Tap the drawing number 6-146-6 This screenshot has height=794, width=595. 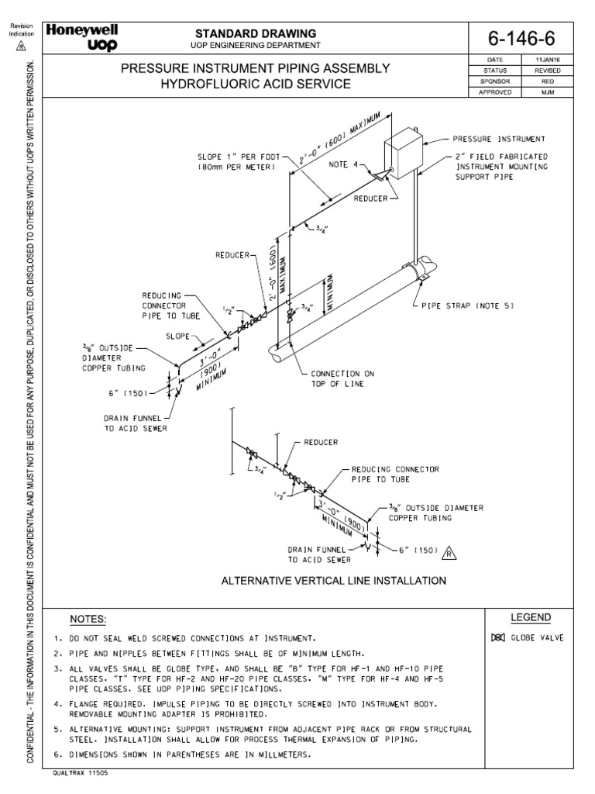(522, 39)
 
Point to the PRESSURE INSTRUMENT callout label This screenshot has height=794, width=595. (500, 140)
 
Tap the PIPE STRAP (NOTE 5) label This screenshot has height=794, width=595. (468, 306)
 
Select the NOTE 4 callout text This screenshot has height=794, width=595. (344, 164)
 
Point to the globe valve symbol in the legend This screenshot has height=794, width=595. (497, 638)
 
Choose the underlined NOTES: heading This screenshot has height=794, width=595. (88, 619)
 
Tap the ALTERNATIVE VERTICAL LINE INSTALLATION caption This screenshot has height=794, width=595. (333, 580)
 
